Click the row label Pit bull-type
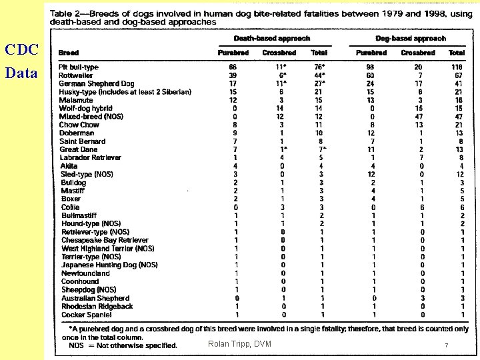[79, 67]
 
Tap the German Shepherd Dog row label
[97, 84]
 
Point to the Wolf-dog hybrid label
[86, 109]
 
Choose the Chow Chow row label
[79, 125]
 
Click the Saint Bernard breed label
[83, 141]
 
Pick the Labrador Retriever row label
[91, 158]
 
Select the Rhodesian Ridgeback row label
[97, 307]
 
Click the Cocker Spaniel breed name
[87, 315]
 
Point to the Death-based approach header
[272, 39]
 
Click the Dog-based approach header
[411, 39]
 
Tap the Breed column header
[69, 53]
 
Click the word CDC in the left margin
[21, 50]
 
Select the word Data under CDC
[21, 73]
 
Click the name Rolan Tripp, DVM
[239, 344]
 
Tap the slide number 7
[447, 345]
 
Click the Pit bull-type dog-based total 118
[457, 67]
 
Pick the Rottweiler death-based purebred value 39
[233, 75]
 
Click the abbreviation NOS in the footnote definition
[77, 345]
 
